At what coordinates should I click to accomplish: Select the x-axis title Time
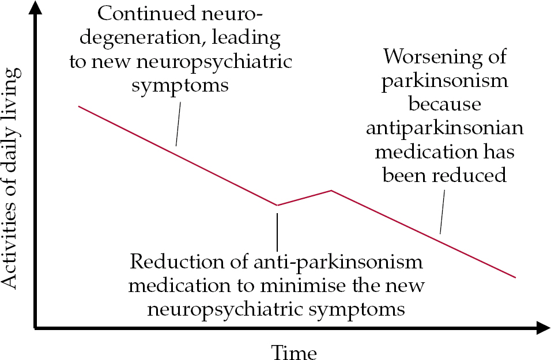point(294,350)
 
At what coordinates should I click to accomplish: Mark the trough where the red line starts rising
point(277,205)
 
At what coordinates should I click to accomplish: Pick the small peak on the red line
point(331,190)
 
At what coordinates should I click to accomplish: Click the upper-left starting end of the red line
point(79,107)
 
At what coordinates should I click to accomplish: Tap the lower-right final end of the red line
point(515,277)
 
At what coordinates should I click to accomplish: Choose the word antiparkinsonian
point(445,128)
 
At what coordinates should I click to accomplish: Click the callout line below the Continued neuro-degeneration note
point(179,124)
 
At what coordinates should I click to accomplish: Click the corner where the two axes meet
point(36,329)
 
